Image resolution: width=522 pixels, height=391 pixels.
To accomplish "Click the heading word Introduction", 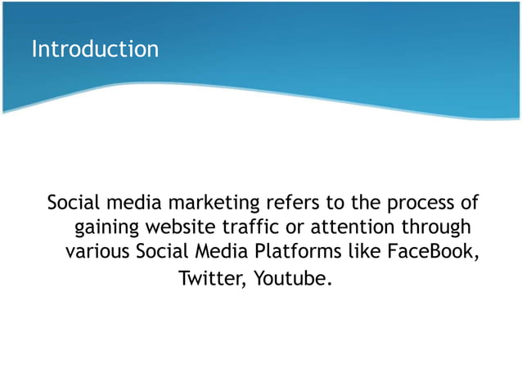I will [95, 49].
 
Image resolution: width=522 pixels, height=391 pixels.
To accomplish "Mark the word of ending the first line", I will [469, 202].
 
